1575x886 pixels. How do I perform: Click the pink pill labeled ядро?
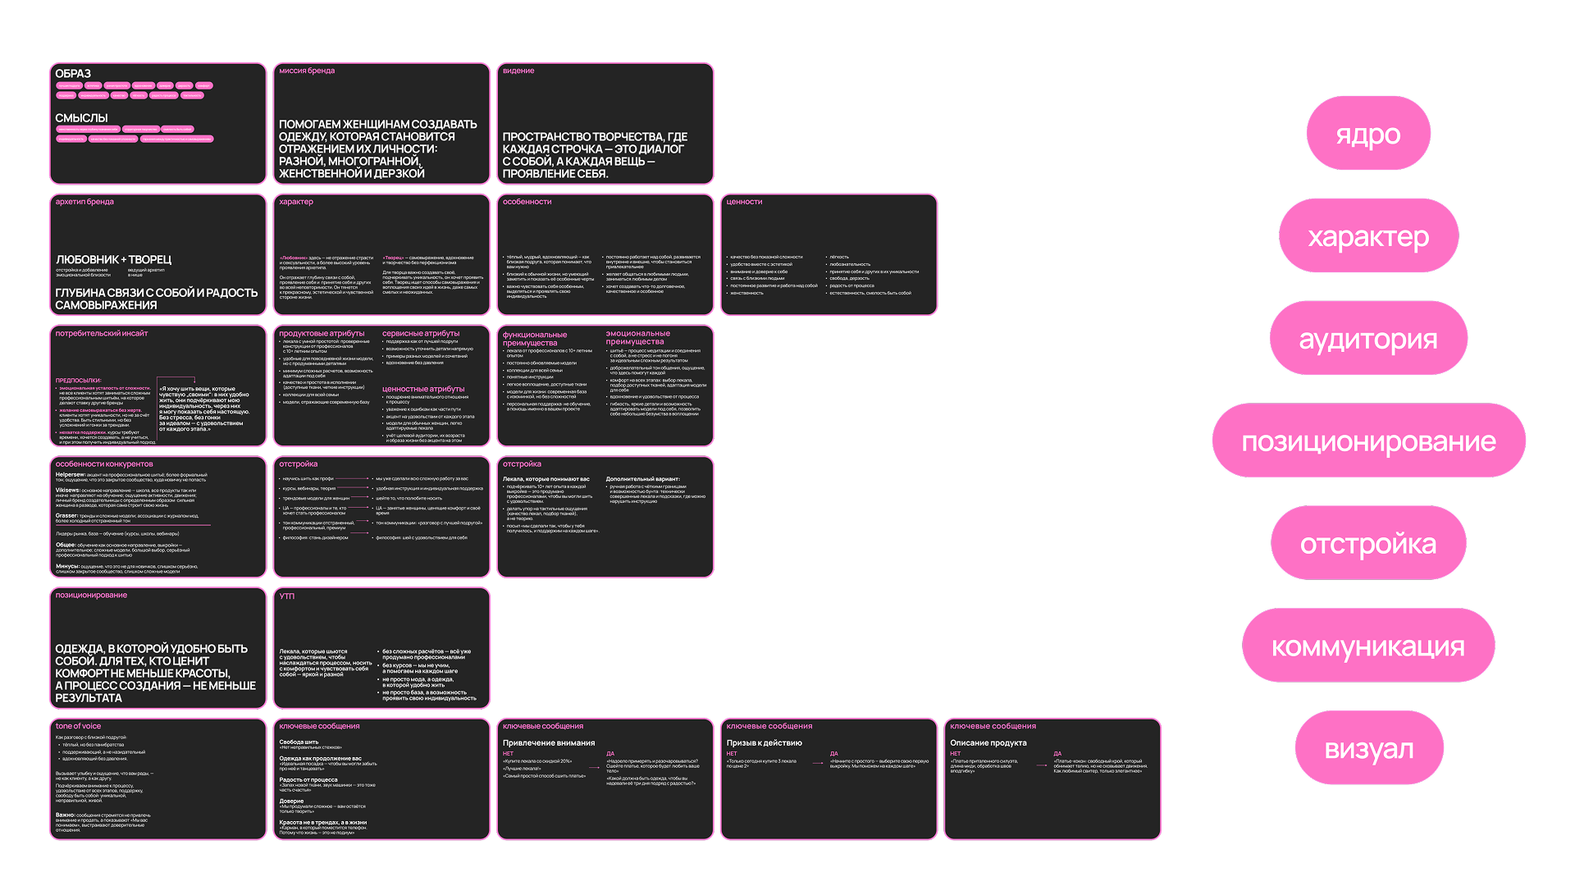click(1367, 134)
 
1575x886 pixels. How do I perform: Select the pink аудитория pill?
click(1367, 338)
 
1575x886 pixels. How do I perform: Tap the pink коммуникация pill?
click(1367, 646)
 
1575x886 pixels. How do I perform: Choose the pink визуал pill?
click(1368, 748)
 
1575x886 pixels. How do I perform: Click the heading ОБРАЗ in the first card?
click(73, 74)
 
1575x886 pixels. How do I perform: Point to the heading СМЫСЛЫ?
click(81, 118)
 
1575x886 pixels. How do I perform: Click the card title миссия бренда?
click(307, 71)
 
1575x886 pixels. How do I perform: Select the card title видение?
click(518, 71)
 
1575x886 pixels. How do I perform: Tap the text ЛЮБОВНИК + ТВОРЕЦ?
click(113, 259)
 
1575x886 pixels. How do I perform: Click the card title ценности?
click(744, 202)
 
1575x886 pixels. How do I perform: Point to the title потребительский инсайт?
click(102, 333)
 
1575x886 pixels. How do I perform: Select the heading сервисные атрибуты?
click(421, 333)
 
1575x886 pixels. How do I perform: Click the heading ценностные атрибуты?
click(423, 389)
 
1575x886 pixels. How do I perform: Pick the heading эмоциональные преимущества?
click(637, 337)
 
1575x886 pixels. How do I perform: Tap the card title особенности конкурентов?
click(104, 464)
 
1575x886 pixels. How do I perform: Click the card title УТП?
click(286, 596)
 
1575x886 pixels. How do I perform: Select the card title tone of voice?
click(78, 726)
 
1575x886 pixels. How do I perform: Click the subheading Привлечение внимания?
click(549, 743)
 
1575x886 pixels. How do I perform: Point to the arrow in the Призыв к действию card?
click(818, 763)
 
